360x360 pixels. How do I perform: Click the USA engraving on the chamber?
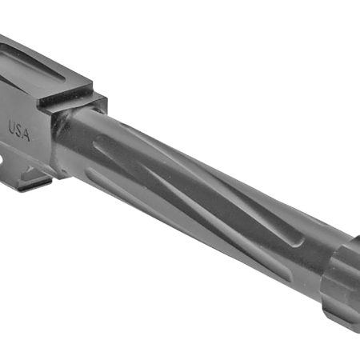tap(19, 130)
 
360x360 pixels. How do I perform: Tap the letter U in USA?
tap(12, 126)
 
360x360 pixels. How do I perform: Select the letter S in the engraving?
tap(19, 130)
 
